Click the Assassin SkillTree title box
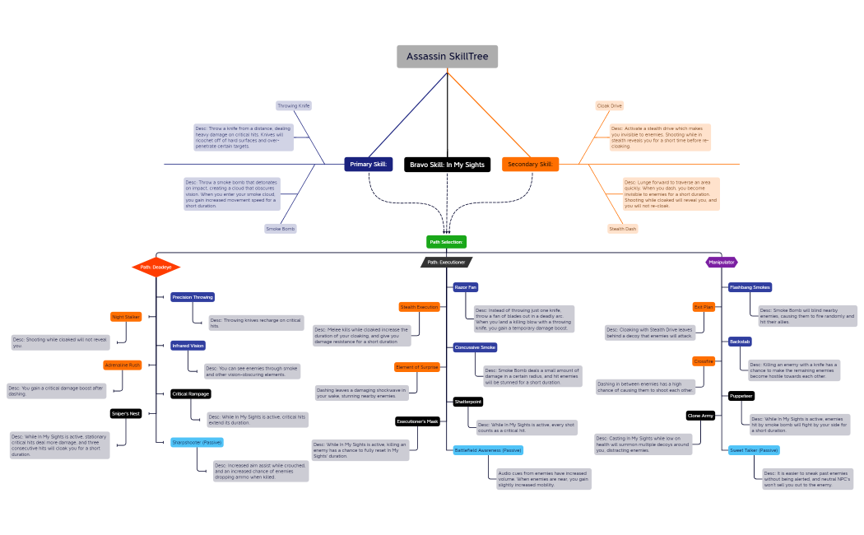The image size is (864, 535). click(x=447, y=57)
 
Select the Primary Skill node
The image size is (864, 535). click(x=369, y=165)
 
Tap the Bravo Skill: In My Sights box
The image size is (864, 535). click(x=447, y=165)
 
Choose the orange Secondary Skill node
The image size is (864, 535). click(x=530, y=165)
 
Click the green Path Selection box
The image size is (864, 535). click(x=446, y=242)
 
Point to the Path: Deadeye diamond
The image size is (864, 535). click(x=156, y=267)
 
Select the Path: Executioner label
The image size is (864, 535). click(x=446, y=263)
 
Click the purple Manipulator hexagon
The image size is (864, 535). click(x=722, y=262)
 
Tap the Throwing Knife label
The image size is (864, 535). click(x=294, y=105)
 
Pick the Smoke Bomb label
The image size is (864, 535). click(x=281, y=228)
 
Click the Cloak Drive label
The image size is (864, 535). click(x=610, y=105)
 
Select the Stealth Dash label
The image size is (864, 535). click(x=623, y=229)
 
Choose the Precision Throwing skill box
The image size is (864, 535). click(x=193, y=297)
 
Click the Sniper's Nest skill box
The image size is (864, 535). click(x=126, y=413)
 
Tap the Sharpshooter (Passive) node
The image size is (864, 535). click(x=197, y=442)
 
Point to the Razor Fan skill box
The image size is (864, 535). click(x=465, y=287)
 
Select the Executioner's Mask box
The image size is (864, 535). click(x=418, y=421)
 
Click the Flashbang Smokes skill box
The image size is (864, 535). click(x=750, y=287)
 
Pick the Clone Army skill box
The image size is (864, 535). click(x=700, y=416)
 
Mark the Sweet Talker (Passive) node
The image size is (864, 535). click(x=754, y=450)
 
